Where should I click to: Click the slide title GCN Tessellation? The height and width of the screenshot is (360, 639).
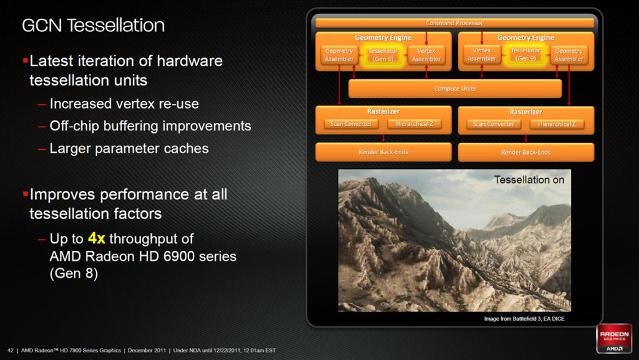coord(93,25)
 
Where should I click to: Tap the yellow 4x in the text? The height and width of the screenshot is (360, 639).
coord(96,238)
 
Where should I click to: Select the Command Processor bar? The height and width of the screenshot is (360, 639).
coord(454,23)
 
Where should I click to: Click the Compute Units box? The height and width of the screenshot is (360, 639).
coord(454,88)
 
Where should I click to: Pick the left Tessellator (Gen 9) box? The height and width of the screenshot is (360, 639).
coord(383,55)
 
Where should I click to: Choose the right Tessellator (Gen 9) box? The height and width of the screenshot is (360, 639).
coord(525,54)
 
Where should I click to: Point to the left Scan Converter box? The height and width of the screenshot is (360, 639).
coord(351,124)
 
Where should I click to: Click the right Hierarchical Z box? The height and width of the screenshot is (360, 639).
coord(557,124)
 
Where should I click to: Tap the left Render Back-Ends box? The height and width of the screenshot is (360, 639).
coord(383,152)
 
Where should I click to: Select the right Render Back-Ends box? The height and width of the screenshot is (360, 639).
coord(525,152)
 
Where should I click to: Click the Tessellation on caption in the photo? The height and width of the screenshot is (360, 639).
coord(529,180)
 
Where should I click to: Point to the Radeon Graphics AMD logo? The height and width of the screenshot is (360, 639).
coord(614,339)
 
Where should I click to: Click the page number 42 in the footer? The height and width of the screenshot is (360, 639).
coord(10,350)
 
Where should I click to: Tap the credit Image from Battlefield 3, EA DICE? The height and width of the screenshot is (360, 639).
coord(524,318)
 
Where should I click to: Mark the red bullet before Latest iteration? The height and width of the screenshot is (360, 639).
coord(25,60)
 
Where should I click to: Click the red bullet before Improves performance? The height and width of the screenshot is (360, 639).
coord(25,193)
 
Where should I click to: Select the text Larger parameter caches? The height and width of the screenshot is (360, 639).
coord(129,148)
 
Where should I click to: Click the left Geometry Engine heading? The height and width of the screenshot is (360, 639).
coord(383,38)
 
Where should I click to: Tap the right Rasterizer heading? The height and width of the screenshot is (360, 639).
coord(525,111)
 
